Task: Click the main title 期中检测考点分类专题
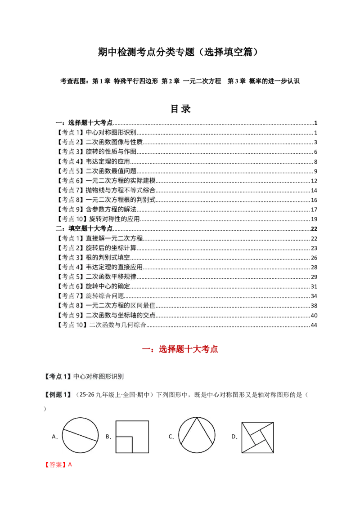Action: click(x=146, y=52)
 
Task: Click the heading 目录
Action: click(x=180, y=109)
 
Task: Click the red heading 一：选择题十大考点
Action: click(x=180, y=349)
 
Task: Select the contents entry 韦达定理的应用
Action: click(x=108, y=161)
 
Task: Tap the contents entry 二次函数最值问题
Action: click(x=111, y=171)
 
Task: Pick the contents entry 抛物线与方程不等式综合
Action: click(x=121, y=190)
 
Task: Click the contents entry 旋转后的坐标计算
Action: click(x=111, y=248)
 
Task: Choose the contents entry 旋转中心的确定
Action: click(x=108, y=286)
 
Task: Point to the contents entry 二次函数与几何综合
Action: click(x=117, y=325)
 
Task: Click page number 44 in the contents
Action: click(x=314, y=325)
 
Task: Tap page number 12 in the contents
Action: click(x=314, y=181)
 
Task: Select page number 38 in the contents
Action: click(x=314, y=306)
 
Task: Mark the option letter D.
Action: click(x=234, y=437)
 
